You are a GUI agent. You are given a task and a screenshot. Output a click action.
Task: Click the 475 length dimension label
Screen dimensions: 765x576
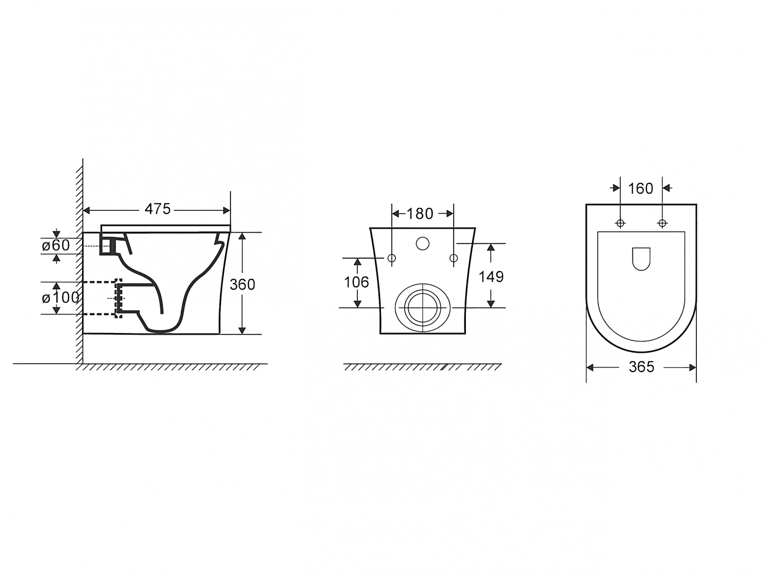pyautogui.click(x=157, y=209)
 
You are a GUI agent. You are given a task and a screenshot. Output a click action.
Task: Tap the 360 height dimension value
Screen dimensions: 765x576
pyautogui.click(x=242, y=285)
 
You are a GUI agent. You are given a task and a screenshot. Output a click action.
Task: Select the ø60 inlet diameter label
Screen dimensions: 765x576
pyautogui.click(x=56, y=246)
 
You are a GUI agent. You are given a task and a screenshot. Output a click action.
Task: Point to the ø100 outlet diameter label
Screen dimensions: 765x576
pyautogui.click(x=60, y=298)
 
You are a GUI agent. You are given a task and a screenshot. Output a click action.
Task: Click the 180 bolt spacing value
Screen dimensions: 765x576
pyautogui.click(x=420, y=214)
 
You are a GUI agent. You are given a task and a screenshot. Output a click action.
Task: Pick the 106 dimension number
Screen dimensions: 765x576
pyautogui.click(x=356, y=282)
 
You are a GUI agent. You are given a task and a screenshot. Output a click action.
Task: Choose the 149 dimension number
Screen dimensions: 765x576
pyautogui.click(x=491, y=277)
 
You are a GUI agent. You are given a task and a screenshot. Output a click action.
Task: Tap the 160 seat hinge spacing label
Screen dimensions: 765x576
pyautogui.click(x=641, y=189)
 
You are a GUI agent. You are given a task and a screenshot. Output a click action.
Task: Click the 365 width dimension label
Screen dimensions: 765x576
pyautogui.click(x=642, y=367)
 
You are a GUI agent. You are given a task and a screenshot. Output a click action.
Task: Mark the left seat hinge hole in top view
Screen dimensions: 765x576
pyautogui.click(x=620, y=223)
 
